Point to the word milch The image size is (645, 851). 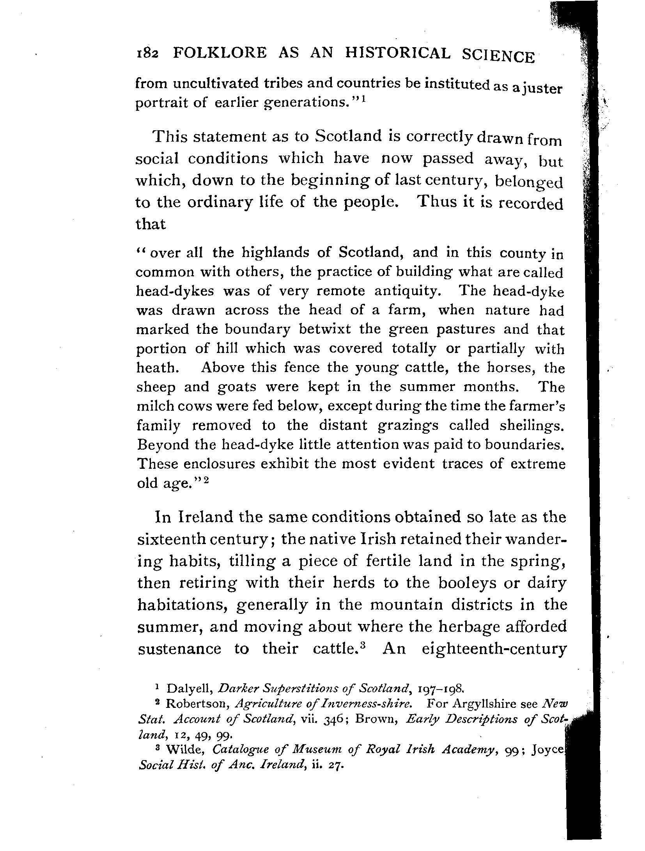(154, 406)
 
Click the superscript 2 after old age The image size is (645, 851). (206, 480)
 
